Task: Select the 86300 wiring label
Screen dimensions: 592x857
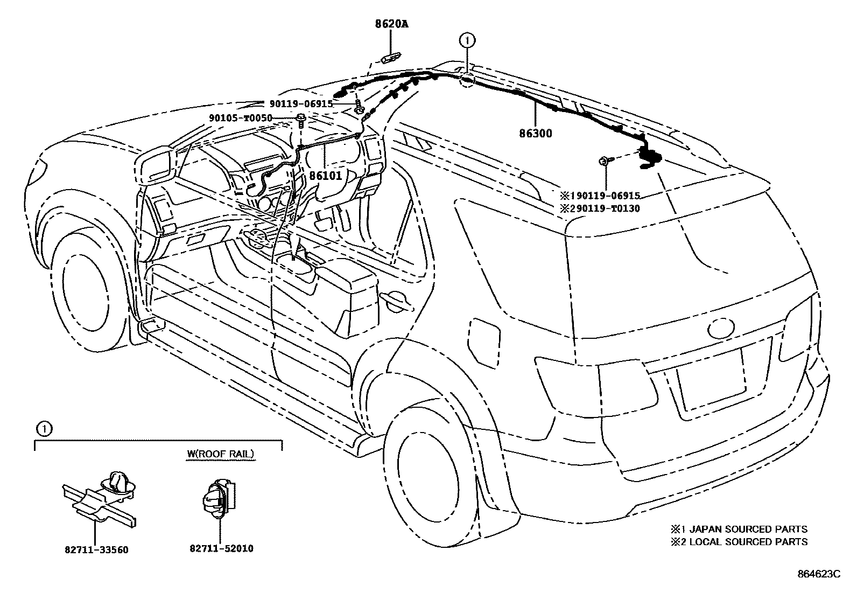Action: coord(536,133)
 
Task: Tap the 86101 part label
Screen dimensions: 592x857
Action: coord(325,176)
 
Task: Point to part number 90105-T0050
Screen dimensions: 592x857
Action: coord(241,119)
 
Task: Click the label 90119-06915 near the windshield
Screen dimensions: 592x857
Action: coord(302,104)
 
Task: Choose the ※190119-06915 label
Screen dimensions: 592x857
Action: coord(600,196)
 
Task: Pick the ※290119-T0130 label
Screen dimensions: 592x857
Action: coord(600,208)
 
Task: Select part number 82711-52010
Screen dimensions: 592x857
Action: coord(221,548)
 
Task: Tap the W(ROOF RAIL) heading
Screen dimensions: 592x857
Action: coord(221,454)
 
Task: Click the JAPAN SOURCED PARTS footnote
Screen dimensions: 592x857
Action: coord(739,530)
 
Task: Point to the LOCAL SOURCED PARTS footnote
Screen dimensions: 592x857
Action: coord(739,542)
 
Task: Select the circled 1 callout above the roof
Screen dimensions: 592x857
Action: coord(467,39)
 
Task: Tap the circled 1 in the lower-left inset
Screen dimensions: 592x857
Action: coord(44,429)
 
